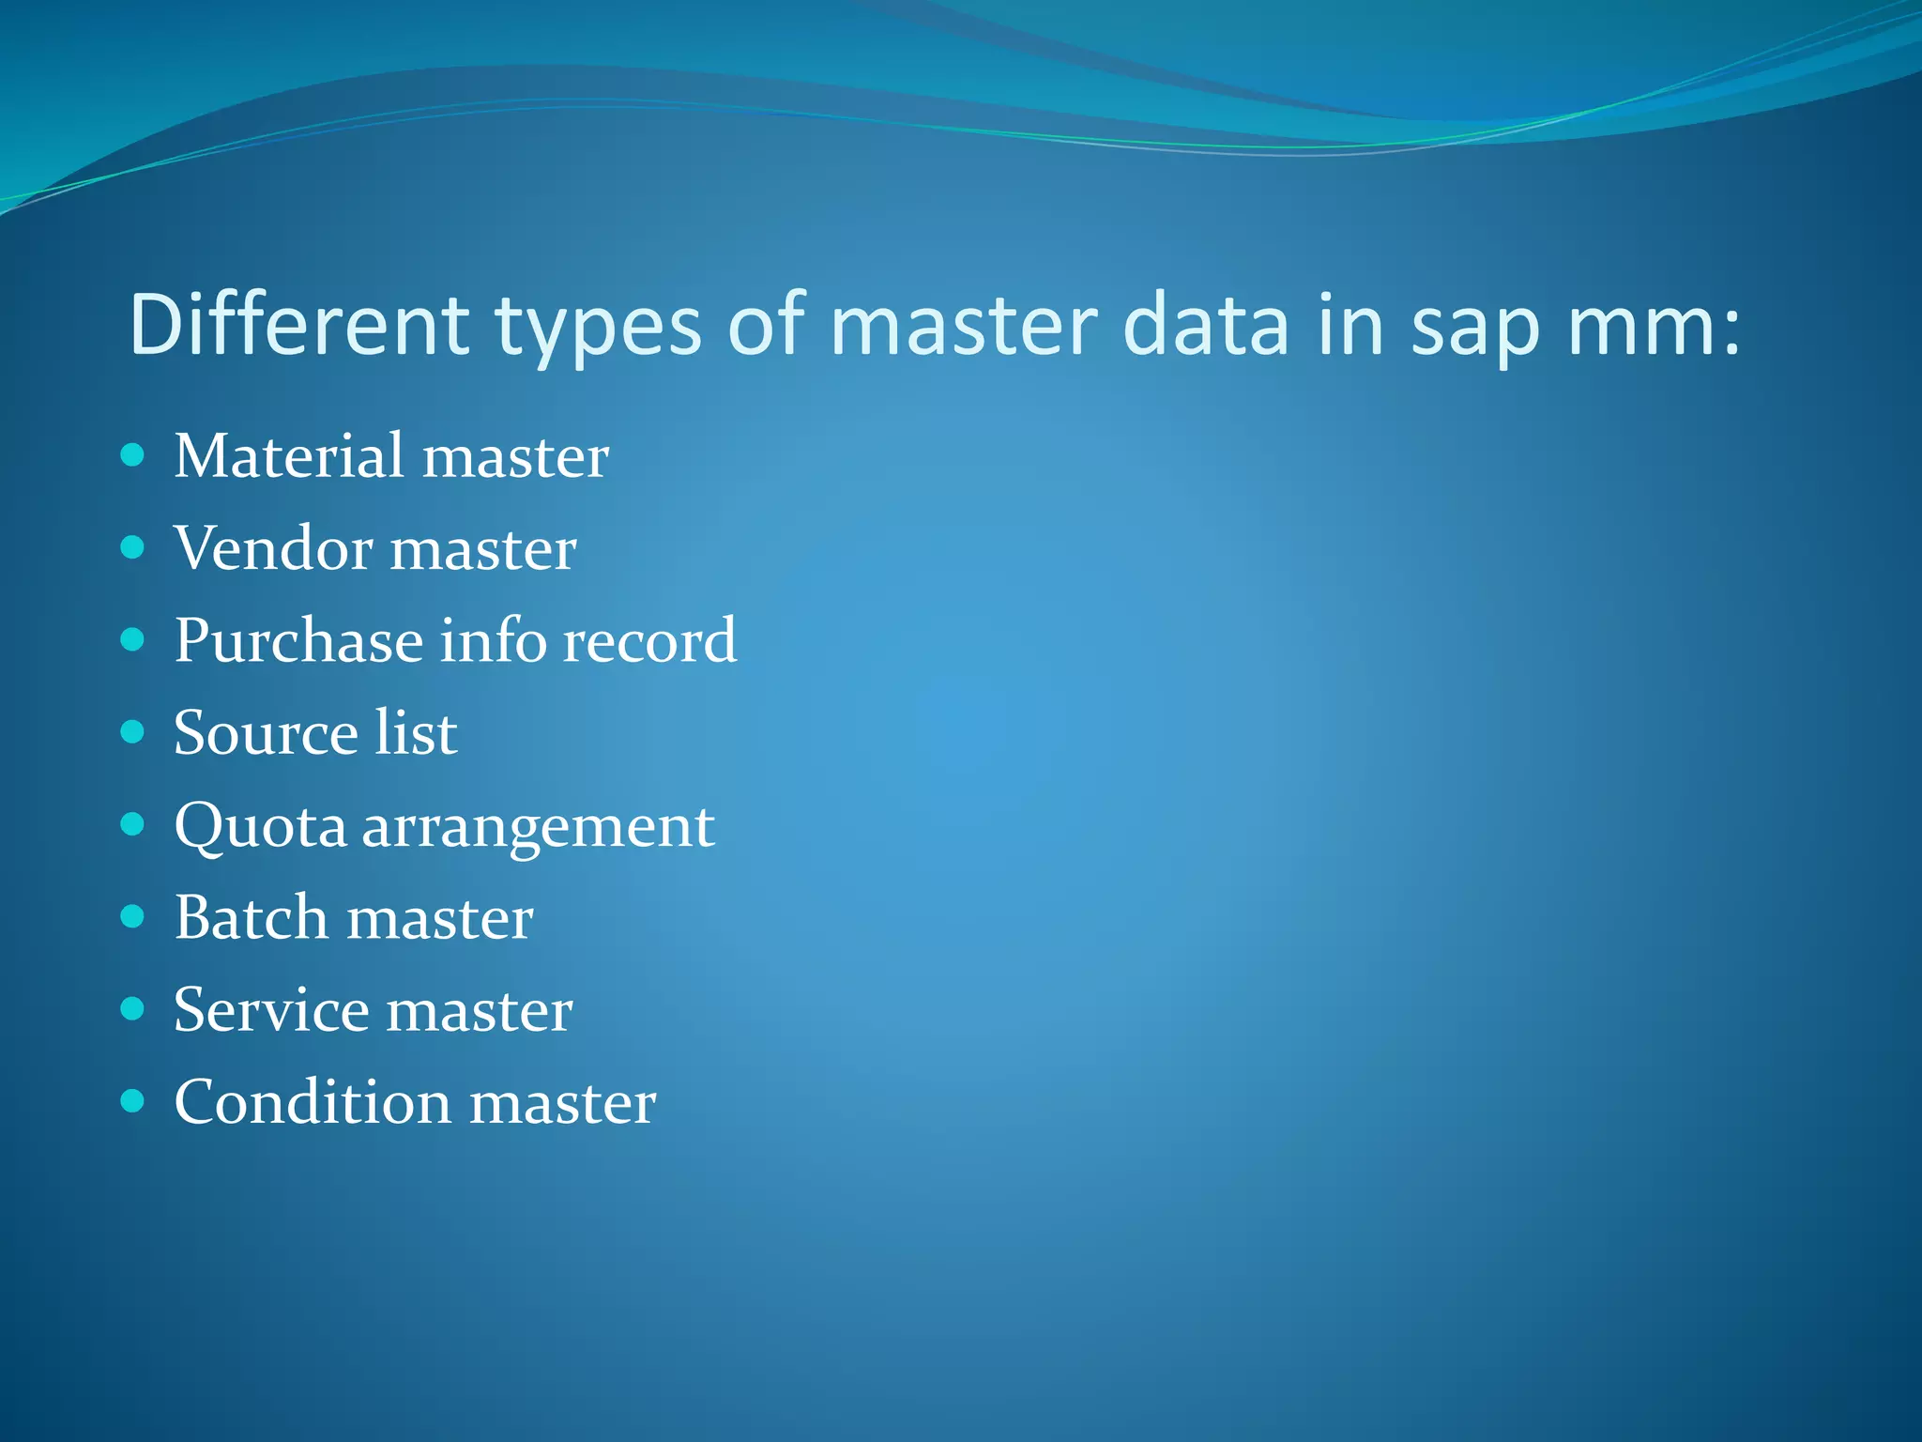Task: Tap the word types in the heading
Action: click(x=598, y=329)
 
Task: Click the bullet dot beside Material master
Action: click(x=133, y=456)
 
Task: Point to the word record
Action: click(x=649, y=641)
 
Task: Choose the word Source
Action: click(x=265, y=733)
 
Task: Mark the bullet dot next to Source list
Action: click(x=133, y=732)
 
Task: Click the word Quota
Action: click(x=261, y=827)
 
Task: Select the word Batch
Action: click(x=251, y=917)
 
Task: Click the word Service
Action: click(x=272, y=1010)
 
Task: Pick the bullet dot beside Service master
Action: click(x=133, y=1009)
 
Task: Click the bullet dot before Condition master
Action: click(x=133, y=1101)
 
